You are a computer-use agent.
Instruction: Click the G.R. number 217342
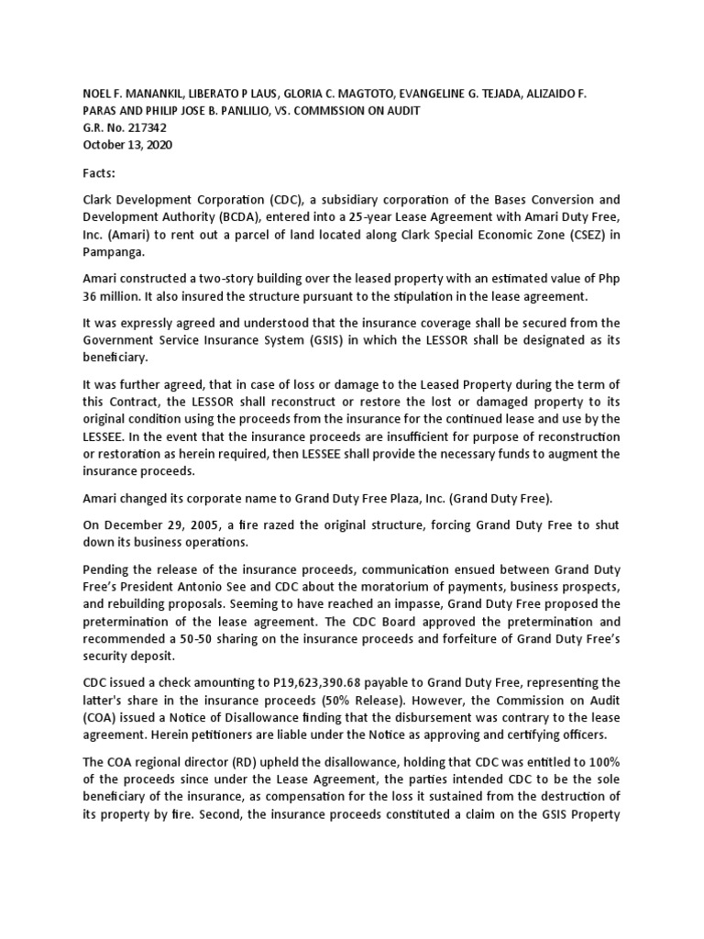tap(147, 128)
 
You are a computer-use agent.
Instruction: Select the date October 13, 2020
tap(126, 145)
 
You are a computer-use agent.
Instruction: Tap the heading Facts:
tap(101, 172)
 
